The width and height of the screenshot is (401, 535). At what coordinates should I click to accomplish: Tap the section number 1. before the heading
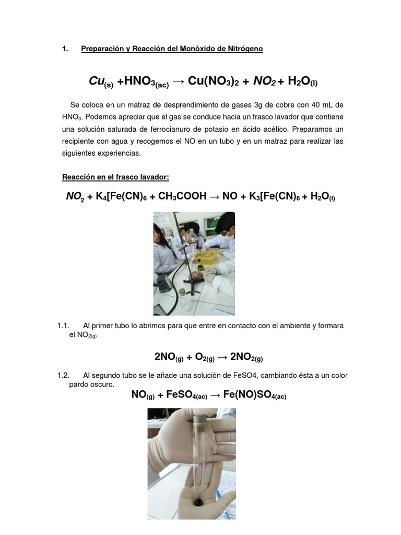click(x=65, y=49)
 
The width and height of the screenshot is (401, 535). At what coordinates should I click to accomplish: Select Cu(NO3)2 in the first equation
click(x=213, y=81)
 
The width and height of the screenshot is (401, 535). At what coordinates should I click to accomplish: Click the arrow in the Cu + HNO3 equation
click(x=179, y=82)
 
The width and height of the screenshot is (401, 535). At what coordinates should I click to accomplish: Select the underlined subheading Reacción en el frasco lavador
click(x=115, y=177)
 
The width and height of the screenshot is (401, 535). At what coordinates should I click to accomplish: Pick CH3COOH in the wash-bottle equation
click(x=182, y=196)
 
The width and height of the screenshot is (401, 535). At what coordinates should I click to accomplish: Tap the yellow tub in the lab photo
click(x=207, y=256)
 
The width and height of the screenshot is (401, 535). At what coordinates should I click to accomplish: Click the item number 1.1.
click(x=63, y=326)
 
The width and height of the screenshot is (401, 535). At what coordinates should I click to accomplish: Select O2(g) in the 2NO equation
click(x=205, y=357)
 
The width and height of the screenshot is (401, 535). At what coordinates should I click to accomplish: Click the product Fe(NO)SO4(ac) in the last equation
click(x=255, y=395)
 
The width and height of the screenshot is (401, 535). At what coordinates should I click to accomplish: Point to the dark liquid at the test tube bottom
click(x=198, y=501)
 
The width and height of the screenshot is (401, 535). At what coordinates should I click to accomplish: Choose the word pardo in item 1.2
click(x=78, y=385)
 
